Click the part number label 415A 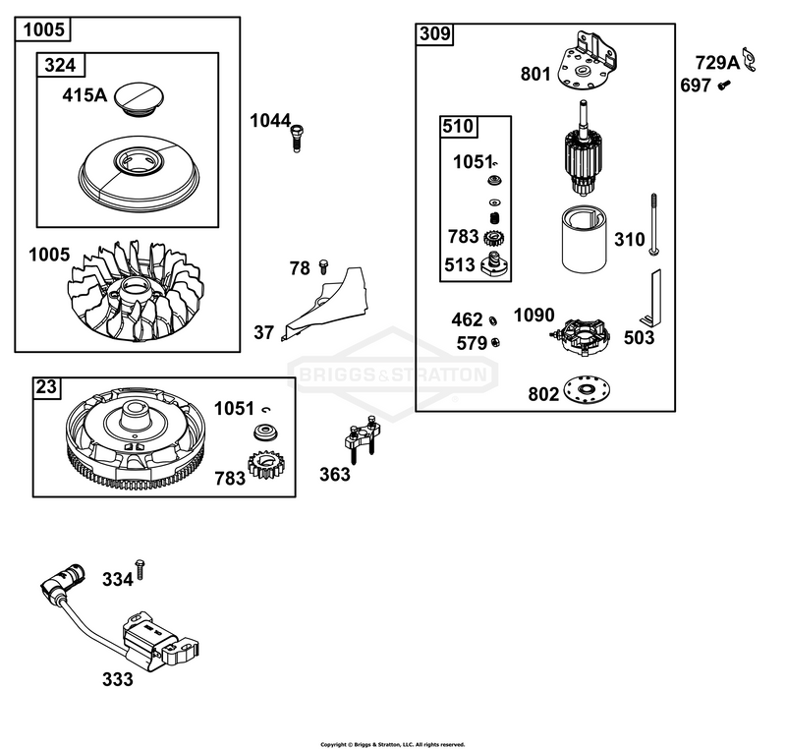84,94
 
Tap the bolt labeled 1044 297,138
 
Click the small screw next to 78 323,266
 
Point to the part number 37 263,332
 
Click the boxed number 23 46,387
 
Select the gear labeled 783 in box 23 263,464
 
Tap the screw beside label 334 140,570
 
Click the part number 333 118,680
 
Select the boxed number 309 435,34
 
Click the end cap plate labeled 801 587,61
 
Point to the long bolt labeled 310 653,224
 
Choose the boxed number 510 458,127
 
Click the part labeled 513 495,264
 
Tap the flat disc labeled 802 587,389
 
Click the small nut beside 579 495,342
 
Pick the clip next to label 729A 749,59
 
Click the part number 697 696,86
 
